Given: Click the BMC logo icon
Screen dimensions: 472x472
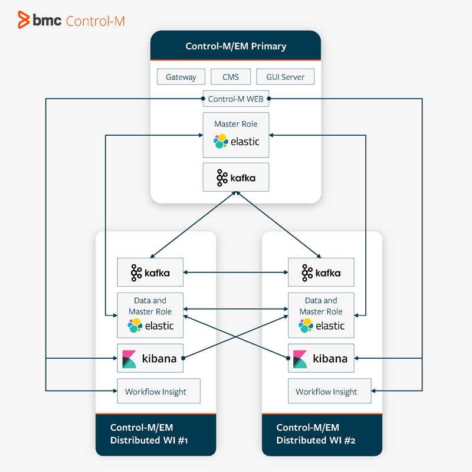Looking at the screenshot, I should (24, 20).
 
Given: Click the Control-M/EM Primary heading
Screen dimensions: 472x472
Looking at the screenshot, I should (235, 46).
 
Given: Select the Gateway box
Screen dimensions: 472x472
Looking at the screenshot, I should (181, 77).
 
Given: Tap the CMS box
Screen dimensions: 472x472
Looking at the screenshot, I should (231, 77).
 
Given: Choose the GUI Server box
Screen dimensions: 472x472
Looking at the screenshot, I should (285, 77).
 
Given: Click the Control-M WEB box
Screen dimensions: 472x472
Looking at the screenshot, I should (235, 99).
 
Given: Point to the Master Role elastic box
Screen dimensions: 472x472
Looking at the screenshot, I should (235, 135).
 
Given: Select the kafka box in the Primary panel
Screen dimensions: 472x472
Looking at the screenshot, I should (235, 177).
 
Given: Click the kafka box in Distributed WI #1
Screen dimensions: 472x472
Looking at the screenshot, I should (150, 273).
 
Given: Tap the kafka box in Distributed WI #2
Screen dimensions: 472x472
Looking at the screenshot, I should (321, 273).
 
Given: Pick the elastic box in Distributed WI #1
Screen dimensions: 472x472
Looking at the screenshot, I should (150, 315).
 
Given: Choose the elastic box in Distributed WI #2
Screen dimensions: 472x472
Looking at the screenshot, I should (321, 315).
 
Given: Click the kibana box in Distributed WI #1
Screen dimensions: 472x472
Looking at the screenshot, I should (150, 358).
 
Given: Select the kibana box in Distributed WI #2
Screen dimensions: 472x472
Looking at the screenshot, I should (321, 358).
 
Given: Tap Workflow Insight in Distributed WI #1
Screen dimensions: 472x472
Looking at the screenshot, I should (155, 392).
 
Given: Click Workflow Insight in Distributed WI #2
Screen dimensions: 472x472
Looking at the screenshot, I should (326, 392).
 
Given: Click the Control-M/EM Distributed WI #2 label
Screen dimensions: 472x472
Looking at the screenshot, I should (316, 434).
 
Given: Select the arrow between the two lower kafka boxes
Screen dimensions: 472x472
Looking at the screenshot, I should (235, 273).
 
